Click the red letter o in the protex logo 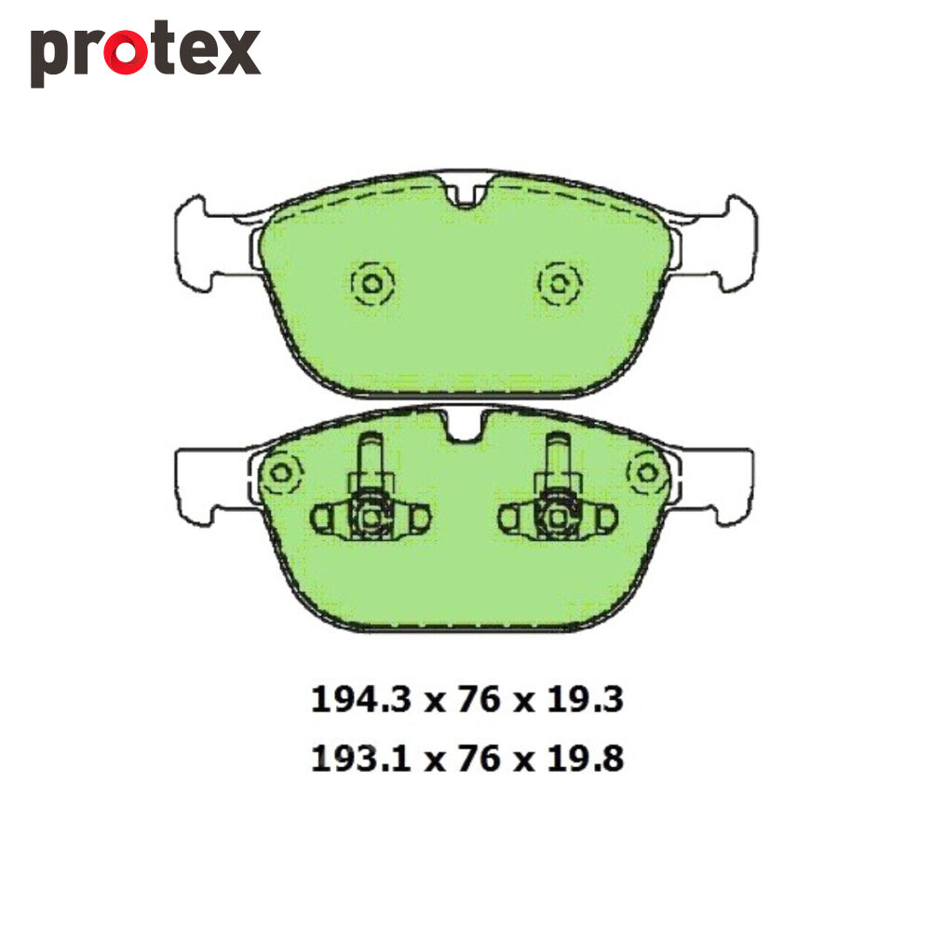(126, 52)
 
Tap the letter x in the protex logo (238, 52)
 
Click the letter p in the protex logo (49, 58)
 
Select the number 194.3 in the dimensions (361, 699)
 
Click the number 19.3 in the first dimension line (585, 699)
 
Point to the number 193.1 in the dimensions (361, 758)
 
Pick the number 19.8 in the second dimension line (585, 758)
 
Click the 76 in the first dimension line (479, 699)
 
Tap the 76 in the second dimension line (479, 758)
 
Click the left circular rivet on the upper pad (372, 284)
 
